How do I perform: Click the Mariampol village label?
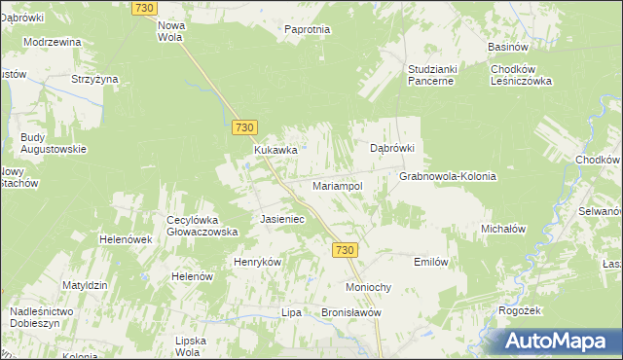(337, 185)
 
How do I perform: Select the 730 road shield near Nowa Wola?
(143, 8)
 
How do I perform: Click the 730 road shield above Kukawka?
(244, 127)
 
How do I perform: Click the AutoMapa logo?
(554, 341)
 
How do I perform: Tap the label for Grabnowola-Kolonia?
(448, 177)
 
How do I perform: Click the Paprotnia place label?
(308, 30)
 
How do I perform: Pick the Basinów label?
(508, 47)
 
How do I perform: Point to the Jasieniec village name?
(282, 220)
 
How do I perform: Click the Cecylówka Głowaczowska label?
(202, 226)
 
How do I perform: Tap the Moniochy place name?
(369, 288)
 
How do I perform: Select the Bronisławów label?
(351, 313)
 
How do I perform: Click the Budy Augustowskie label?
(54, 143)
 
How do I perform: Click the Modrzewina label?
(53, 43)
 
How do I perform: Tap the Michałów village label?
(503, 229)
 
